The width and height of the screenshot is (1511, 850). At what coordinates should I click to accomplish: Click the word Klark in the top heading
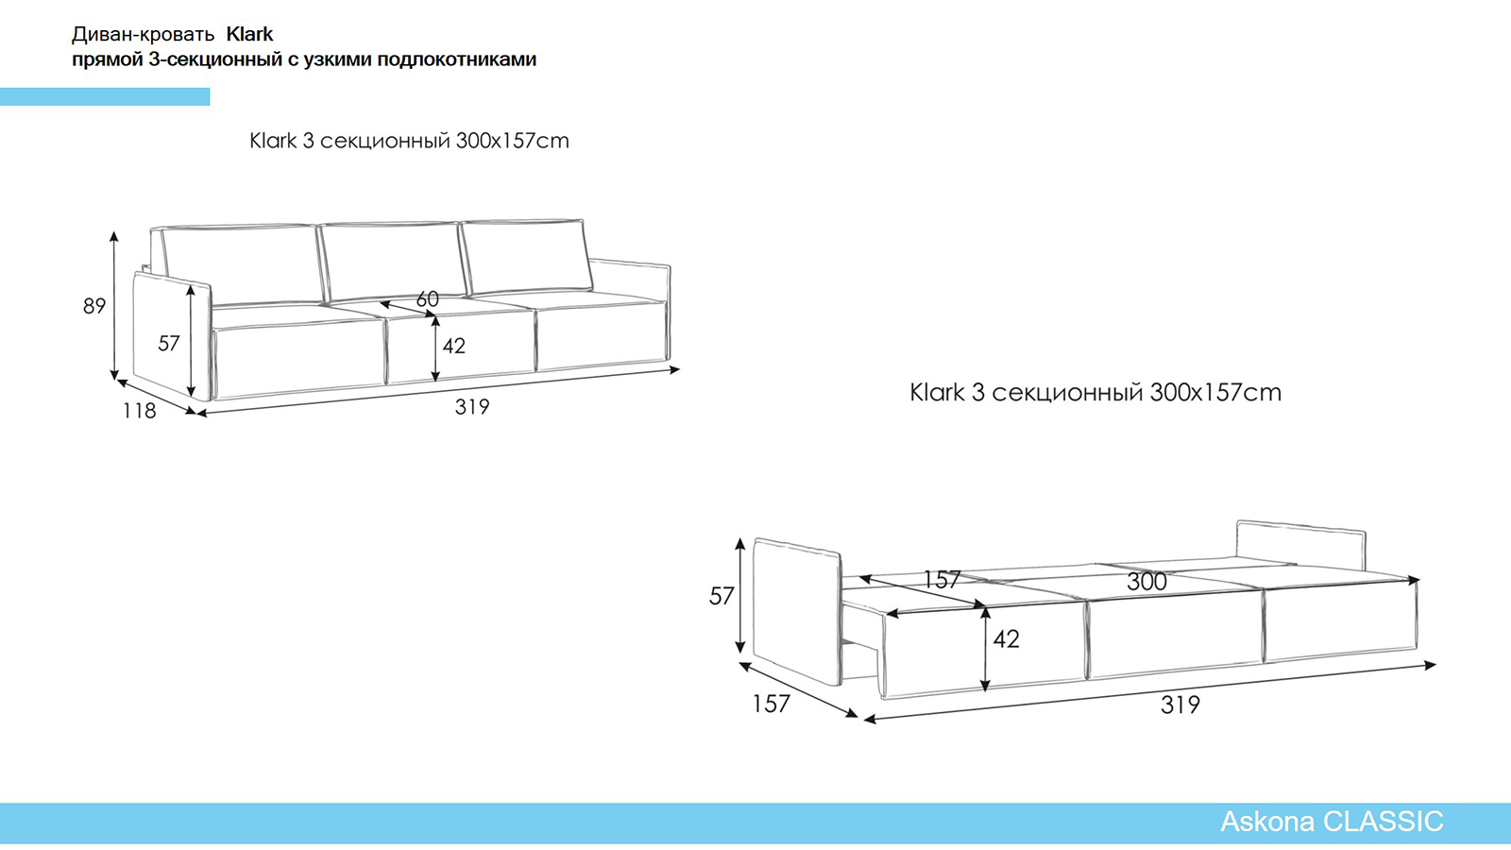tap(249, 34)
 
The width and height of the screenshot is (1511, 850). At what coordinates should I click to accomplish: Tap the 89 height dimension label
tap(94, 306)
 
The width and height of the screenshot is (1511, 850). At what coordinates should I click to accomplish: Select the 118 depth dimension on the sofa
tap(139, 411)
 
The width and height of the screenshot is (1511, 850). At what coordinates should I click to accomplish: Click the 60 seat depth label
tap(427, 298)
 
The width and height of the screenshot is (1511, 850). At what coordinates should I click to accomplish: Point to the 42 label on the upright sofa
tap(454, 346)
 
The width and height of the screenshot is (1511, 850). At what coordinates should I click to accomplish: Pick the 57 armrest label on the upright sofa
tap(169, 344)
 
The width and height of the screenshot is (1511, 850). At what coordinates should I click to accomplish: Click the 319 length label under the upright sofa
tap(472, 407)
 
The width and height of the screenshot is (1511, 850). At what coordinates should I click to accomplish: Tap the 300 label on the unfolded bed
tap(1146, 582)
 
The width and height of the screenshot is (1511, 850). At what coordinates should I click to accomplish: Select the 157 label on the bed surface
tap(942, 579)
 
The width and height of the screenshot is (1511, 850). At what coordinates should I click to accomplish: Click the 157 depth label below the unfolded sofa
tap(771, 705)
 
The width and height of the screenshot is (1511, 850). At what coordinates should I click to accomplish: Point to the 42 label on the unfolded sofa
tap(1006, 639)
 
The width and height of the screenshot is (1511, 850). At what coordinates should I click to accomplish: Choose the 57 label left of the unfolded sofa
tap(722, 596)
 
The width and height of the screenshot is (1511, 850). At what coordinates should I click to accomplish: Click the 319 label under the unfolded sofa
tap(1180, 705)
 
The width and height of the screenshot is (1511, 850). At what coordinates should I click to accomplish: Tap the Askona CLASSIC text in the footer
tap(1332, 822)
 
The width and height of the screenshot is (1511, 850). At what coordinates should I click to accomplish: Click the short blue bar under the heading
tap(105, 96)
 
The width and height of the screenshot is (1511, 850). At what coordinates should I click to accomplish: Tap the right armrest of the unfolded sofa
tap(1300, 545)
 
